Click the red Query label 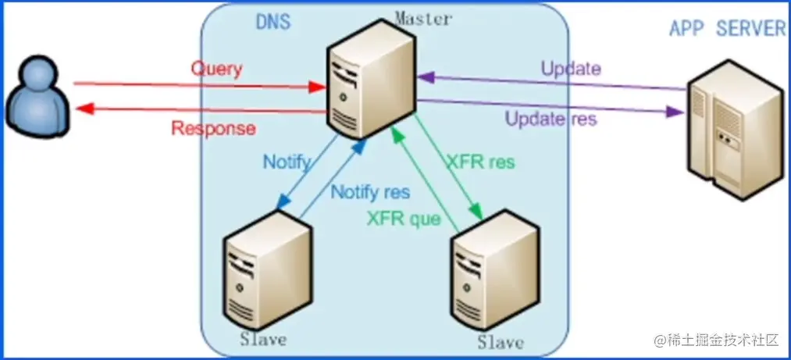[x=216, y=69]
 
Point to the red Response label [x=213, y=128]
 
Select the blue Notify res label [x=371, y=191]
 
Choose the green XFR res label [x=479, y=162]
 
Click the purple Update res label [x=551, y=119]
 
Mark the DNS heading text [x=273, y=21]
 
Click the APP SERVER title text [x=728, y=29]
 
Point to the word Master [x=422, y=17]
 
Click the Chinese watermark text [x=718, y=340]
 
